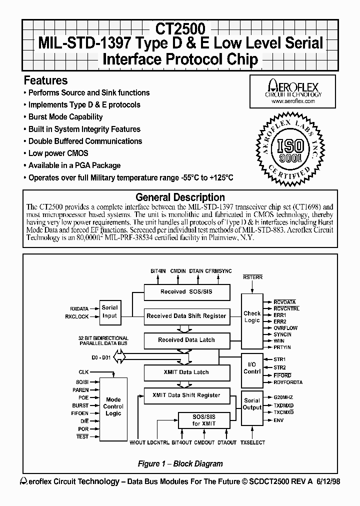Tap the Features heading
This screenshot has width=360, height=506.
click(46, 80)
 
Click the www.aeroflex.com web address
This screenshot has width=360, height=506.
click(293, 101)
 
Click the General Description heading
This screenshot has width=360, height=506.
click(180, 197)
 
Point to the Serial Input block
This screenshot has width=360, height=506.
click(109, 311)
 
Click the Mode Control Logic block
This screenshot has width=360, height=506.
click(113, 406)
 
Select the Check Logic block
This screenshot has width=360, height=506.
click(252, 317)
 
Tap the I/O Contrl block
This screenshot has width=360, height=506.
click(252, 368)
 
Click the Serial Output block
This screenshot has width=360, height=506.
click(252, 404)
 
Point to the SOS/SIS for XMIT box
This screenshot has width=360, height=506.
click(203, 419)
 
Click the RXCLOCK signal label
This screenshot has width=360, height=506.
click(76, 316)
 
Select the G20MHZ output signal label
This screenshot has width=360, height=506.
click(283, 397)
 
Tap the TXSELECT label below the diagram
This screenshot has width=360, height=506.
click(252, 443)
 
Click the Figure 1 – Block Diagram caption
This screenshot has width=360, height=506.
click(180, 463)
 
